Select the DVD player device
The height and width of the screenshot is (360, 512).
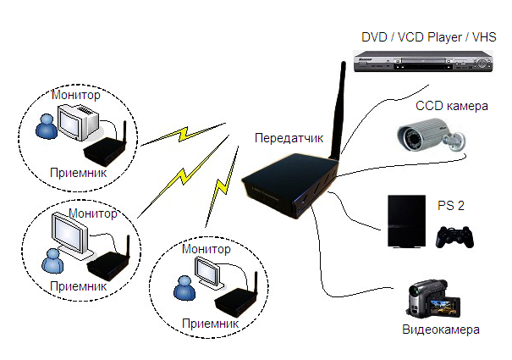pyautogui.click(x=424, y=64)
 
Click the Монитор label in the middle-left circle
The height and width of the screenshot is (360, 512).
pyautogui.click(x=94, y=213)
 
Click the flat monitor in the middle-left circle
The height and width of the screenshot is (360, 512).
pyautogui.click(x=71, y=233)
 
